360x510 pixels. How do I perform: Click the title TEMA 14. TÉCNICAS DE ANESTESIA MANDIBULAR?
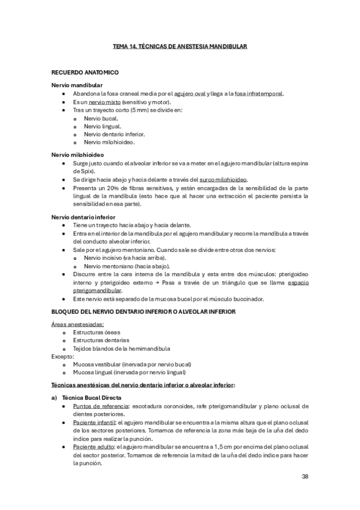point(180,46)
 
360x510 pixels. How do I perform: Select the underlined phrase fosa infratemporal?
point(258,94)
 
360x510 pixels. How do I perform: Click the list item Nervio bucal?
point(101,118)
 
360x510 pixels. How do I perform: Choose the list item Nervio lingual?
point(103,126)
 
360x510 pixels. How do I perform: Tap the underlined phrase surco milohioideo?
point(222,179)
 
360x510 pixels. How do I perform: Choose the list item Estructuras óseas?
point(97,332)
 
